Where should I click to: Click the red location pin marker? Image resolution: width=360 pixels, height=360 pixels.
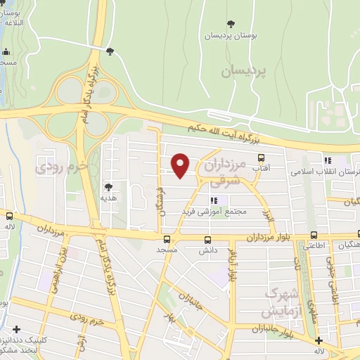pos(181,165)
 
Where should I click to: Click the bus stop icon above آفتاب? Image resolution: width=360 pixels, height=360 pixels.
pos(262,157)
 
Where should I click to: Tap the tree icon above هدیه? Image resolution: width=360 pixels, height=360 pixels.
pos(108,187)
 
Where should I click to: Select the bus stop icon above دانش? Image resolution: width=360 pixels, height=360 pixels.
pos(207,240)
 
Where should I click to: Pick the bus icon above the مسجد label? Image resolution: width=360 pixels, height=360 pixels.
pos(167,240)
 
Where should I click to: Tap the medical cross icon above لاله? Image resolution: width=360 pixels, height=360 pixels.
pos(319,340)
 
